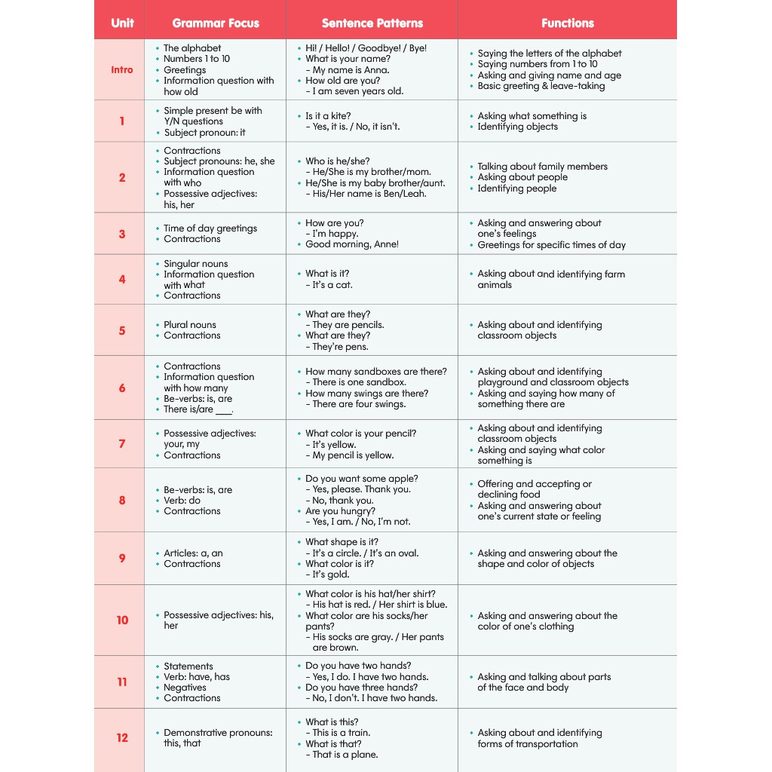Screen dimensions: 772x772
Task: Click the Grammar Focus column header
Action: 215,23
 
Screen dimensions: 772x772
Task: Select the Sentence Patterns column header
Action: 372,23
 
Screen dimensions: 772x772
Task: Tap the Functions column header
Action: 567,23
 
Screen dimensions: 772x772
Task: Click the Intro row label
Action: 121,69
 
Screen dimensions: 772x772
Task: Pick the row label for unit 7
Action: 121,444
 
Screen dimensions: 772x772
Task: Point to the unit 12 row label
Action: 122,738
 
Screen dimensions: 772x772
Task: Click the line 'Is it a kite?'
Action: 328,116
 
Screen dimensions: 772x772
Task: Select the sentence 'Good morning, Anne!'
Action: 352,244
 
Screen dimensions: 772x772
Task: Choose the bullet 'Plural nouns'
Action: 190,325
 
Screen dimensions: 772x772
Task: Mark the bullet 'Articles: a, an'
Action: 193,553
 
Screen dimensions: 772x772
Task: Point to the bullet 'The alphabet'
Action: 192,47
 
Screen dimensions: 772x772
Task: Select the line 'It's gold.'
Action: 331,574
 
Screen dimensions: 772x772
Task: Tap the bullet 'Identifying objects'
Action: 517,127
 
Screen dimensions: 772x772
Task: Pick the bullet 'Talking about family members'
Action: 542,167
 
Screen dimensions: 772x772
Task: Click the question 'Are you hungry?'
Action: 340,510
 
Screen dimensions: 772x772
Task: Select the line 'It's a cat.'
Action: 332,285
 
